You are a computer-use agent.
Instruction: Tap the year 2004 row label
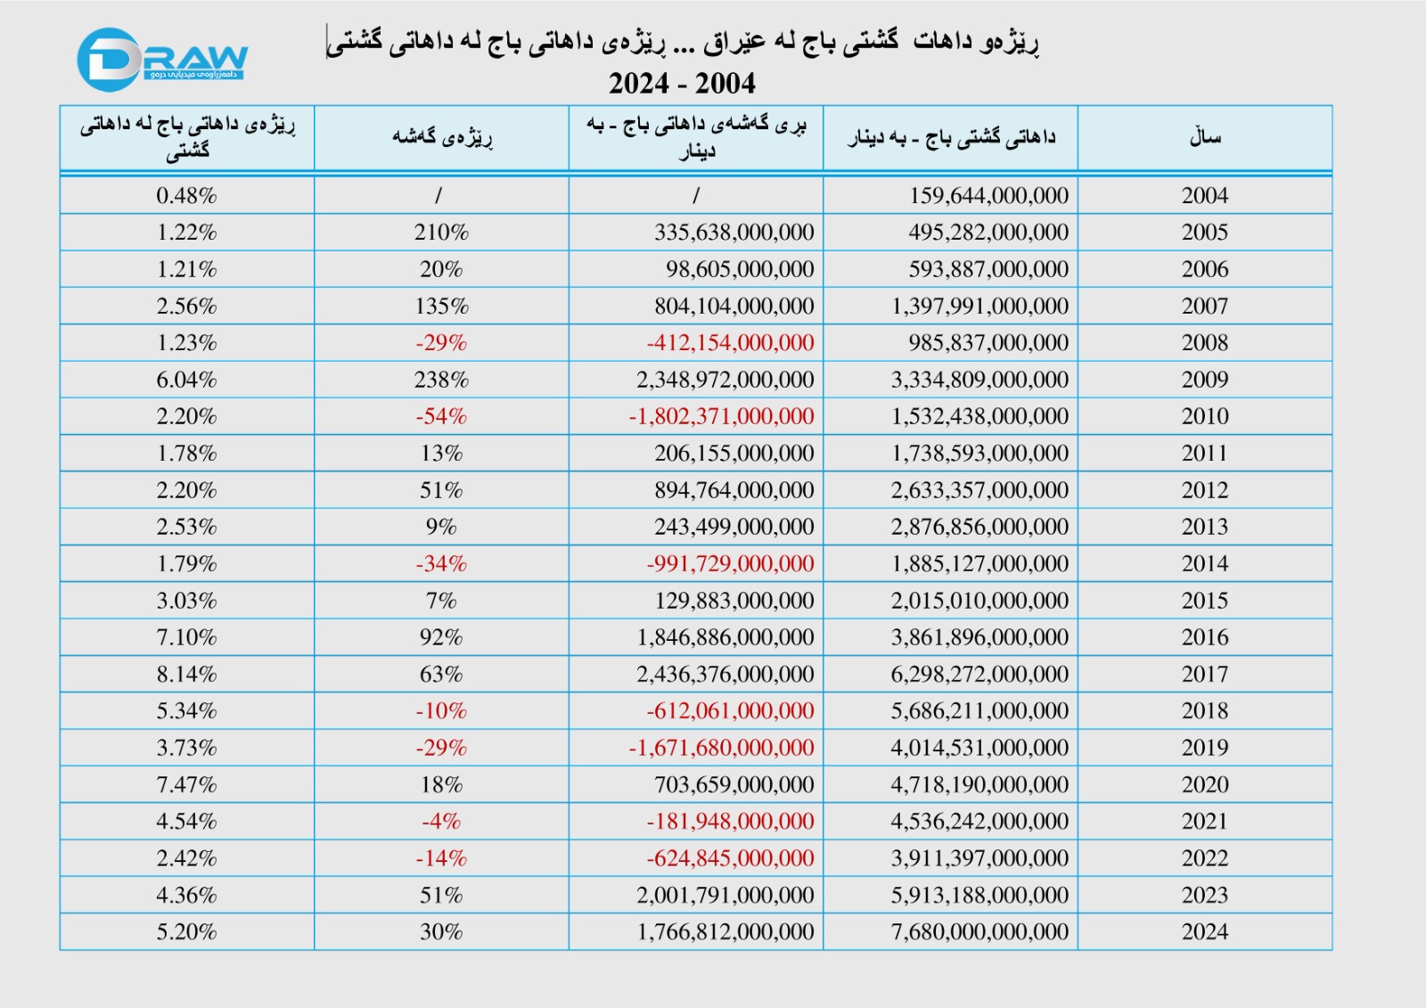[x=1204, y=195]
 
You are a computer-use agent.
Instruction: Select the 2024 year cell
[x=1204, y=931]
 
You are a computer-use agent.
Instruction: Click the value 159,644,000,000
[x=988, y=195]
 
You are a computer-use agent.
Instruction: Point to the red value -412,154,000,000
[x=730, y=342]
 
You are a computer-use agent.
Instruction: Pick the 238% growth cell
[x=441, y=380]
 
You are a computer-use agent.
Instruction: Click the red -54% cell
[x=441, y=416]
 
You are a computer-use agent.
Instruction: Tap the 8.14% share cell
[x=187, y=674]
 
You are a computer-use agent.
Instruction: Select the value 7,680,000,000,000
[x=979, y=931]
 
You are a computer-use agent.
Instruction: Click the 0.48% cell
[x=187, y=195]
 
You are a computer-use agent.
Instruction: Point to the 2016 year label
[x=1204, y=637]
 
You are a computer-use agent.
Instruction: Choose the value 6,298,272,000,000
[x=979, y=674]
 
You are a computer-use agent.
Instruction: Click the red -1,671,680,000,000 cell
[x=721, y=748]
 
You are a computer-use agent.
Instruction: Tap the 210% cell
[x=441, y=232]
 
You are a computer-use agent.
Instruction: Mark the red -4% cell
[x=441, y=821]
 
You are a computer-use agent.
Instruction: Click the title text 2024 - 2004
[x=682, y=84]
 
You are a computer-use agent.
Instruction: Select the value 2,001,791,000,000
[x=725, y=895]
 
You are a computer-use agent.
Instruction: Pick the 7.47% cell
[x=187, y=784]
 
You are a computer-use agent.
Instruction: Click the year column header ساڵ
[x=1204, y=137]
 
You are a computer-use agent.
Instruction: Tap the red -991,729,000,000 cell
[x=730, y=563]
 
